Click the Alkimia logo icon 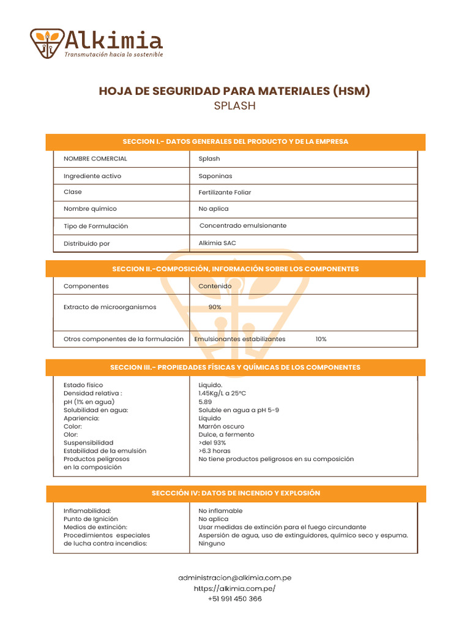click(47, 43)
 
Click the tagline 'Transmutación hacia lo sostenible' click(114, 54)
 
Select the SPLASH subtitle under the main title click(234, 106)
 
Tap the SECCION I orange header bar click(235, 141)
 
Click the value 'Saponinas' click(215, 176)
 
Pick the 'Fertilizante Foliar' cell click(225, 192)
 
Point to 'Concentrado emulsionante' click(243, 226)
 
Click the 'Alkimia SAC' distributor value click(217, 243)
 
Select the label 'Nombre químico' click(90, 209)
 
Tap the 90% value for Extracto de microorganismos click(215, 307)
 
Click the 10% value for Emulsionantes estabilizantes click(321, 339)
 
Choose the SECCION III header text click(235, 367)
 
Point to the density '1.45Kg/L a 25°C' click(222, 394)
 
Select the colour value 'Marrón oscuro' click(221, 426)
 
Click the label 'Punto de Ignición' click(91, 519)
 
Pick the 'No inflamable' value click(220, 511)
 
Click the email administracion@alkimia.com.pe click(234, 577)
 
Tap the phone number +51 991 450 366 click(234, 599)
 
